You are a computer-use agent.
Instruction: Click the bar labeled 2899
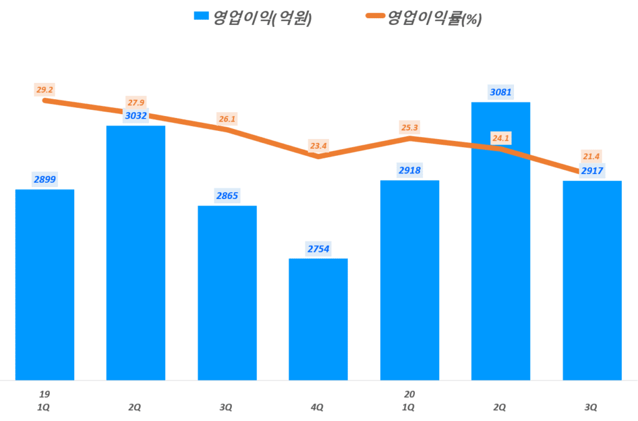coord(45,284)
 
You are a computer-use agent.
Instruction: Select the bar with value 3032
coord(136,253)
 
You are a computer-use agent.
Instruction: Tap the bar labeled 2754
coord(318,319)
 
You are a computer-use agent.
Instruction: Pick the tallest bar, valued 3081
coord(500,241)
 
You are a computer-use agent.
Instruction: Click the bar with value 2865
coord(227,293)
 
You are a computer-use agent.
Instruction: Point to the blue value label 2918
coord(409,170)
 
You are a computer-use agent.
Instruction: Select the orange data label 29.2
coord(45,90)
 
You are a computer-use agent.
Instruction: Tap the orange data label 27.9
coord(136,103)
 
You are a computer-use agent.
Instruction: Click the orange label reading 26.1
coord(227,119)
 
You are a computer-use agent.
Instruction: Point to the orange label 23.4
coord(318,146)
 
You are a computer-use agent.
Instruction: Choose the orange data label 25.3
coord(409,128)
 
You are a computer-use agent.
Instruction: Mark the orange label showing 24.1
coord(500,138)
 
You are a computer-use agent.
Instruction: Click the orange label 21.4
coord(592,157)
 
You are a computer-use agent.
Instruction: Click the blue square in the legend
coord(201,17)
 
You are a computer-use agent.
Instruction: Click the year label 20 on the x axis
coord(409,394)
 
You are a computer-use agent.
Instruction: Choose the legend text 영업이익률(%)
coord(435,17)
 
